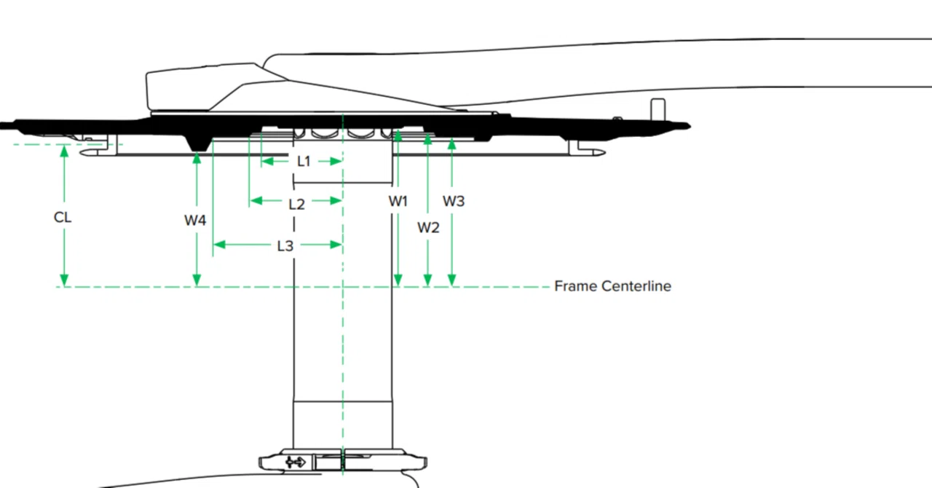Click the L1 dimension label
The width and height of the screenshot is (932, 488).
304,161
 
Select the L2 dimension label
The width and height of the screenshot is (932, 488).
296,204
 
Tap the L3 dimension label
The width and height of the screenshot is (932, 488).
285,246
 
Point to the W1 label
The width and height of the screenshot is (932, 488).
398,201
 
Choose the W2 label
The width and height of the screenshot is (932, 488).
428,227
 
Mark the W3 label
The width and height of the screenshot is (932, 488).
454,201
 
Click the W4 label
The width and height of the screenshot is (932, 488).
195,220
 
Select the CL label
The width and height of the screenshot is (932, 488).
63,217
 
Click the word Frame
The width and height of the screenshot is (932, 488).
575,286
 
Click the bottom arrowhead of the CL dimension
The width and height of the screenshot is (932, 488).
64,280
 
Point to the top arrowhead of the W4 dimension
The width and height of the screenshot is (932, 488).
197,158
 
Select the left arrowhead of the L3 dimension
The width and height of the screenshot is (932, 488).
219,245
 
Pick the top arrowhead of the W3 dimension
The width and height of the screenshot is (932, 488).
452,144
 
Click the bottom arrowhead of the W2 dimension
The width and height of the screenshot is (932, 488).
427,280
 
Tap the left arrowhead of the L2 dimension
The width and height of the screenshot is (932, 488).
256,201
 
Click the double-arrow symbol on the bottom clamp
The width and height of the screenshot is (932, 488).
296,463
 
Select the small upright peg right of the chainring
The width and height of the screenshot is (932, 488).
657,109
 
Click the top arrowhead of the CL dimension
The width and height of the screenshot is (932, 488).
64,151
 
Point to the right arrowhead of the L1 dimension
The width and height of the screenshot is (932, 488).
336,161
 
